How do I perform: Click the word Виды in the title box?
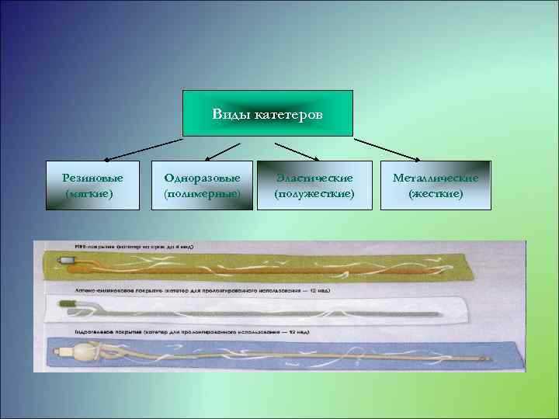pos(227,115)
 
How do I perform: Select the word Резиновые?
pos(93,178)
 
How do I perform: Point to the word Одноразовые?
pos(202,178)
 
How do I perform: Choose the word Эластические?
pos(314,178)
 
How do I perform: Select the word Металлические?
pos(436,178)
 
